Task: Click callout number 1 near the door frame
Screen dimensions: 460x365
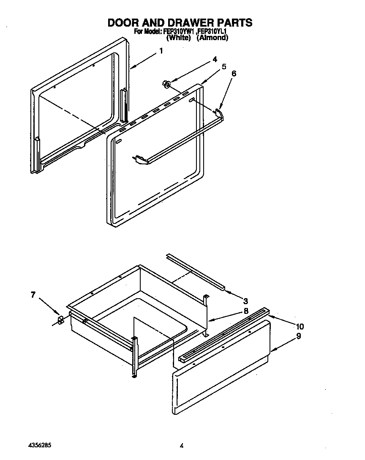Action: [161, 51]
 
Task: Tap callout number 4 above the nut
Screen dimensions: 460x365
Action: [215, 59]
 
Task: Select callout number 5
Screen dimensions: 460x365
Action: [224, 66]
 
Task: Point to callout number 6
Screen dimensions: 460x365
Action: [234, 73]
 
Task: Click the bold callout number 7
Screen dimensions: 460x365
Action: [33, 295]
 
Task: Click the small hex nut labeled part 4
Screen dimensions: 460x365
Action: [166, 85]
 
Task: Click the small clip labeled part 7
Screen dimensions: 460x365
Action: [60, 320]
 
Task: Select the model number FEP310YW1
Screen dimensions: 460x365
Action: [177, 31]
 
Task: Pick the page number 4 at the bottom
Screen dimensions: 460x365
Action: [181, 446]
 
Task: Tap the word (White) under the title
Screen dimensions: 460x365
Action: [179, 38]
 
